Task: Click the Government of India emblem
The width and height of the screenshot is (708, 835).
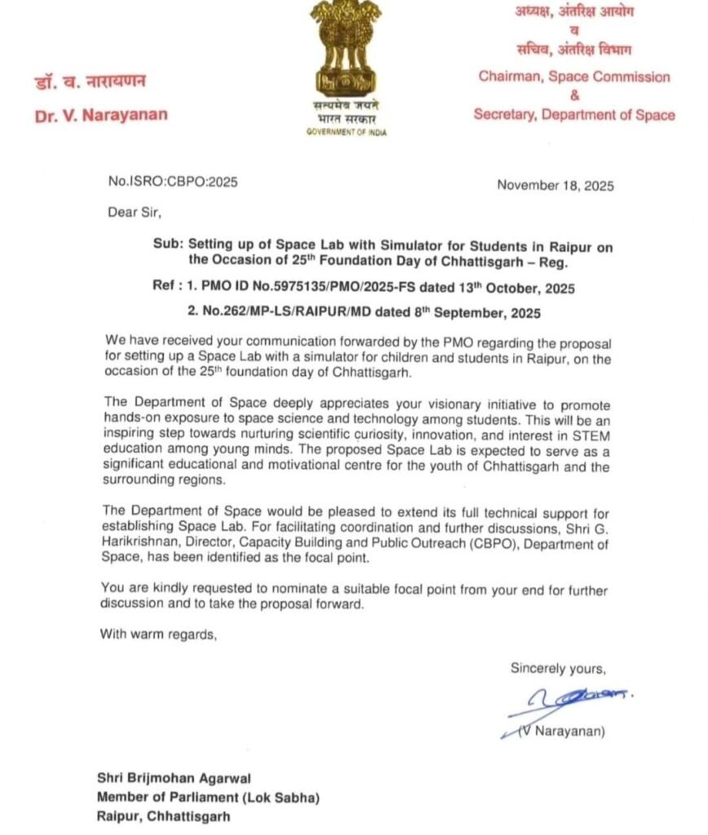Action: point(345,49)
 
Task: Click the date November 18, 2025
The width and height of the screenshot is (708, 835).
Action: point(555,185)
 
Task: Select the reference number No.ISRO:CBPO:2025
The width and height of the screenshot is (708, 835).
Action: point(173,182)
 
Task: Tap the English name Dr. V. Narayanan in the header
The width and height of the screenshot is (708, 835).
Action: point(101,114)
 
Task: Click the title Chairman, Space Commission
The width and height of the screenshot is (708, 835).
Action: point(574,77)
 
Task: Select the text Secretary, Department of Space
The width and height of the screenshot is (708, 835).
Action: point(574,115)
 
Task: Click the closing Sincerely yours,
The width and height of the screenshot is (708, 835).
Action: point(558,669)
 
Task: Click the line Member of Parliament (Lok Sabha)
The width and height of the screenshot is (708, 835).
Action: point(208,797)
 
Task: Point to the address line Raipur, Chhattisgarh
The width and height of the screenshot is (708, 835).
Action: point(163,815)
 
